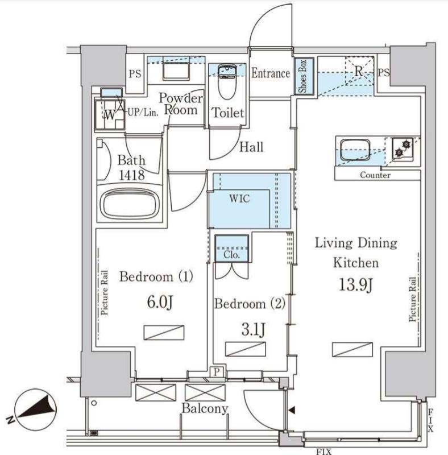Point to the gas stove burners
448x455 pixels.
coord(403,149)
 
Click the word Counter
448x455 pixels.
coord(375,176)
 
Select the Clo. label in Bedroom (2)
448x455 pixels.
coord(231,255)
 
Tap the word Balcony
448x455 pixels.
coord(205,409)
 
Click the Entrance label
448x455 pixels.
coord(271,73)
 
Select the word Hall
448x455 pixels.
coord(251,147)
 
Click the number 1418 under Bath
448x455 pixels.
coord(131,176)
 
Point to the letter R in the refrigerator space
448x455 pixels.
coord(359,72)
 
